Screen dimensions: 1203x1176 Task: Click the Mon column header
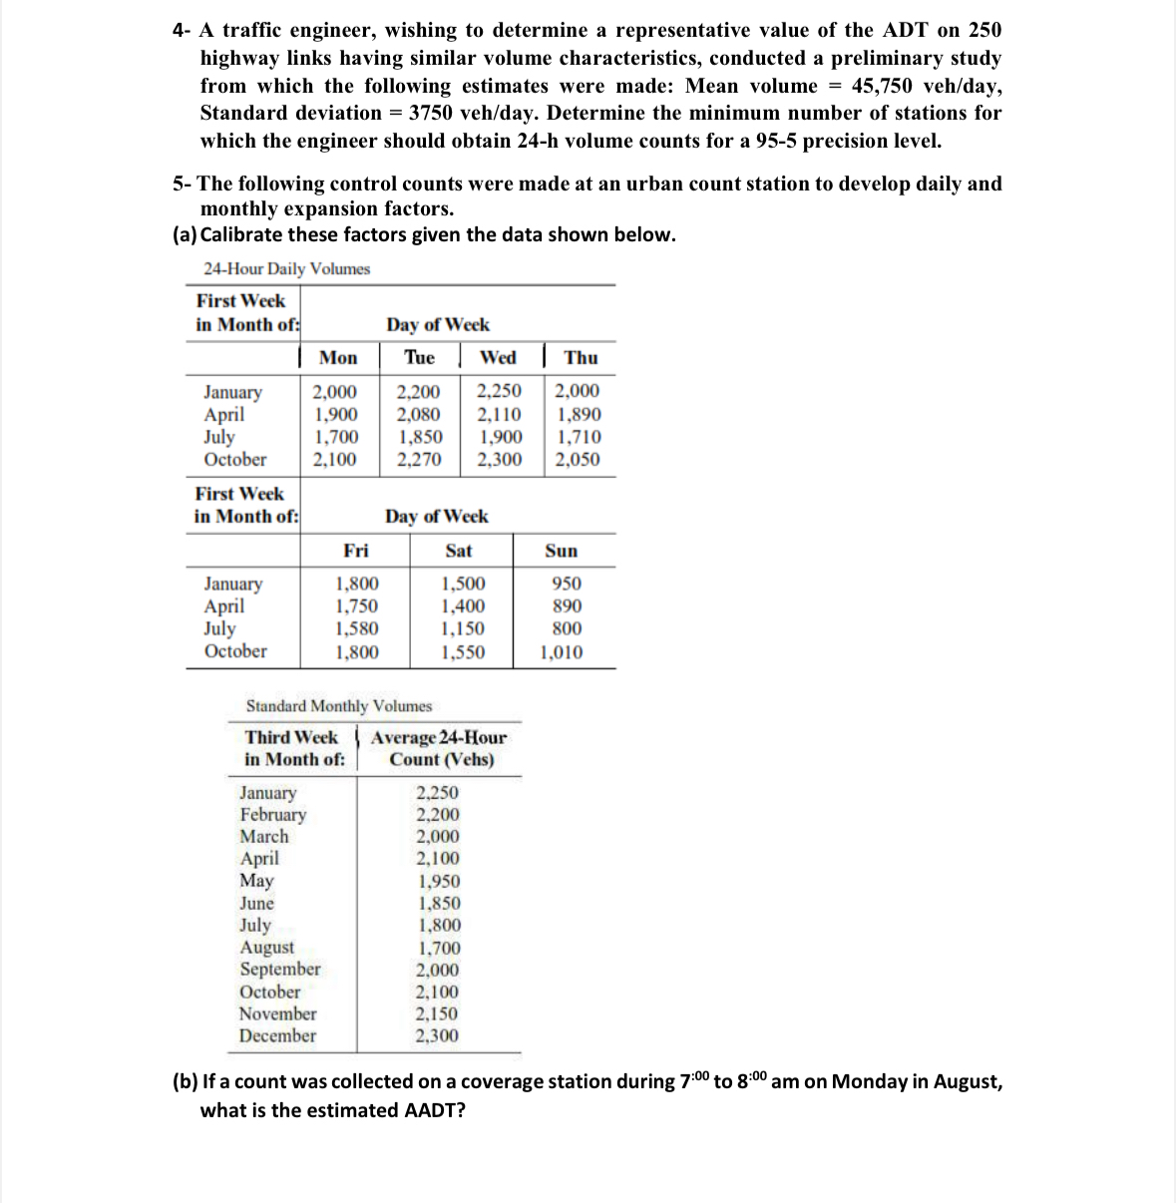point(338,357)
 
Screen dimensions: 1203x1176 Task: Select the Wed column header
point(498,357)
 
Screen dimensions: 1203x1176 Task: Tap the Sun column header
point(561,551)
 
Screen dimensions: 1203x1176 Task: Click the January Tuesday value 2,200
point(418,392)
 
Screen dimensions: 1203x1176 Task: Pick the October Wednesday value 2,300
point(499,460)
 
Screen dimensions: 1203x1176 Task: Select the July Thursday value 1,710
point(579,437)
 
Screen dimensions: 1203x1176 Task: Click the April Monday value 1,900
point(335,415)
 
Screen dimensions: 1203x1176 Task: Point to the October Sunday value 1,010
point(562,653)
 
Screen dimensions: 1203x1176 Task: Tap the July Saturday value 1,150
point(463,629)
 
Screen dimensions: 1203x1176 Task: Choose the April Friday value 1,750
point(356,606)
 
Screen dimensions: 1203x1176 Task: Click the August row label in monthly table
point(267,948)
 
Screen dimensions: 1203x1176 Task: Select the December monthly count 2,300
point(437,1035)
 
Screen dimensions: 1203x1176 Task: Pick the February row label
point(272,814)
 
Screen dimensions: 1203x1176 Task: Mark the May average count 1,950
point(439,881)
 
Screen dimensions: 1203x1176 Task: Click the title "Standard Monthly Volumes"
point(339,706)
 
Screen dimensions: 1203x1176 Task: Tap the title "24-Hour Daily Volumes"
point(286,269)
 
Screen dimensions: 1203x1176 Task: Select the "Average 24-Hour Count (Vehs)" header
point(439,748)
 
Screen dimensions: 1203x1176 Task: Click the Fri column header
point(355,551)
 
